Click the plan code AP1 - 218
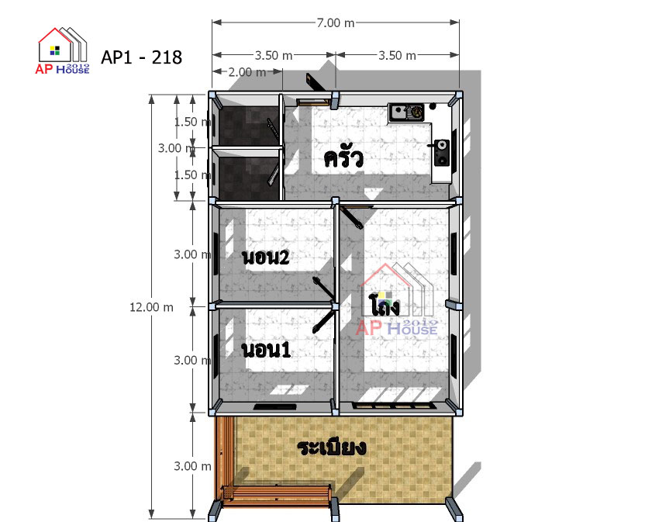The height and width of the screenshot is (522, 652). tap(141, 57)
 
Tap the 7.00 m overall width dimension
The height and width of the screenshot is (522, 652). tap(336, 22)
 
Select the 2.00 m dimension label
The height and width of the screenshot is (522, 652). tap(247, 72)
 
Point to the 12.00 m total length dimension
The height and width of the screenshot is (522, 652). tap(151, 307)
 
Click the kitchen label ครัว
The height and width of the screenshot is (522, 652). tap(343, 157)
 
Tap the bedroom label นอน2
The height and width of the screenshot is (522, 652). tap(265, 257)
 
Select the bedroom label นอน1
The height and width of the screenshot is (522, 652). tap(266, 349)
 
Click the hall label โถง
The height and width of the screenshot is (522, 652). tap(385, 305)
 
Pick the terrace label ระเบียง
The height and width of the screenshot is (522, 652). tap(331, 447)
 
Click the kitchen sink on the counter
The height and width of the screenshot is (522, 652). tap(405, 112)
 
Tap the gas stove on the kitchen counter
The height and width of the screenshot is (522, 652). tap(442, 153)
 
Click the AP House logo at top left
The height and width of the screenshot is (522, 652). tap(63, 50)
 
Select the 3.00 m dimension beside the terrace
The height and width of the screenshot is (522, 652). tap(192, 466)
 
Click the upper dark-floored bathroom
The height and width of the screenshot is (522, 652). tap(248, 126)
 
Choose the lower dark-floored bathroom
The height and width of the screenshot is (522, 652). tap(248, 179)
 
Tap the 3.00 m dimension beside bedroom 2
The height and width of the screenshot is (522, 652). tap(192, 254)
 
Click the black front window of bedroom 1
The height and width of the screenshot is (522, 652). tap(275, 406)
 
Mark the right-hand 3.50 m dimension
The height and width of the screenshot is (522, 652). tap(397, 55)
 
